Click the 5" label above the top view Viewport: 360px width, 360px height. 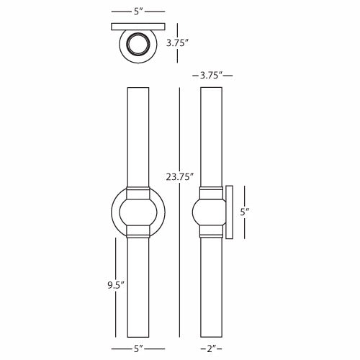click(x=138, y=12)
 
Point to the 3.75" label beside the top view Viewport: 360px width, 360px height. click(x=177, y=43)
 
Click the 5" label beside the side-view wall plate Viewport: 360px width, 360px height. click(x=244, y=212)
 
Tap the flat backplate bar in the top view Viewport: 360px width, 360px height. click(x=138, y=27)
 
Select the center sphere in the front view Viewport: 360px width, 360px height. click(x=138, y=212)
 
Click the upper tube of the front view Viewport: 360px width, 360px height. click(x=138, y=137)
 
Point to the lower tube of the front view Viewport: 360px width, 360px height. click(x=138, y=288)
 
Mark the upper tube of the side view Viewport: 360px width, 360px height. click(x=211, y=137)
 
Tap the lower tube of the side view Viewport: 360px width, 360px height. click(x=211, y=288)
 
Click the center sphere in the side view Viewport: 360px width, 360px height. click(x=210, y=212)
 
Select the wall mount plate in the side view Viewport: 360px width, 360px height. click(x=230, y=212)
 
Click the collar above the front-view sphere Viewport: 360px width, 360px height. click(x=138, y=194)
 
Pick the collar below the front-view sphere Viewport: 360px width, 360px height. click(x=138, y=231)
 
